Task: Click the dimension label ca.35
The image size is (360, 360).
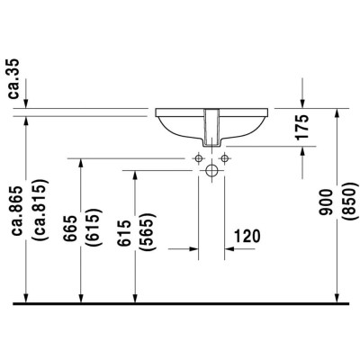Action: (13, 79)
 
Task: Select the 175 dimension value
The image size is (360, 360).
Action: (302, 127)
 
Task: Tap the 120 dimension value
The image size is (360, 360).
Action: (247, 236)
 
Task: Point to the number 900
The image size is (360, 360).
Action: (326, 202)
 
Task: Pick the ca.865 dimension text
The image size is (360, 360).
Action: (15, 211)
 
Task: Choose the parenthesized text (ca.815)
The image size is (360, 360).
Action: (40, 210)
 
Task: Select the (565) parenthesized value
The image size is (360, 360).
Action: (148, 232)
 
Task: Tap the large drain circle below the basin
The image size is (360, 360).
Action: (212, 170)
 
